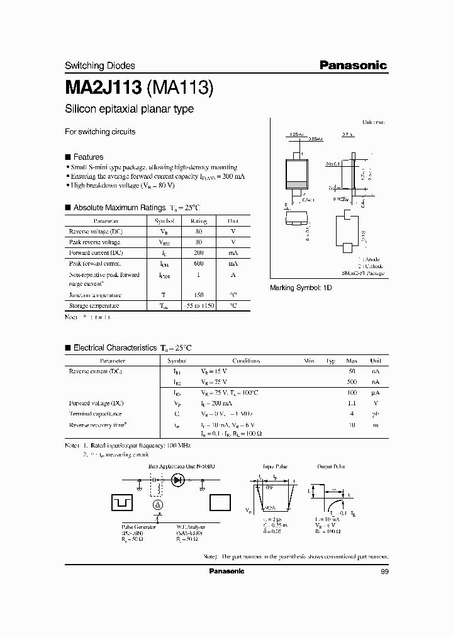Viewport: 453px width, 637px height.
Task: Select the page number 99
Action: (x=384, y=572)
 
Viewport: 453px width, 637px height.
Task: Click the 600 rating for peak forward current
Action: (x=199, y=263)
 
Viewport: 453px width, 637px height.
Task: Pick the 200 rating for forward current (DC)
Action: (x=199, y=252)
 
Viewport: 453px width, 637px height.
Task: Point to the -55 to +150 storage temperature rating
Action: (x=199, y=306)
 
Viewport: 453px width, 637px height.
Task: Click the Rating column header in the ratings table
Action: (x=199, y=221)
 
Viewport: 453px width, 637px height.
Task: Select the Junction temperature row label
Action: (x=95, y=295)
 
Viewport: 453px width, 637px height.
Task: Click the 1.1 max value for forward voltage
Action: (x=352, y=403)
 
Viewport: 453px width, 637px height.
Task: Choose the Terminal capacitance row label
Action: (x=95, y=414)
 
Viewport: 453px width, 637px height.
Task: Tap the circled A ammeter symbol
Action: (x=158, y=505)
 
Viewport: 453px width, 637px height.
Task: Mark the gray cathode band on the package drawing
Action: (x=297, y=184)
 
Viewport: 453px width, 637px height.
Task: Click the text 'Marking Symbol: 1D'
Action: (x=300, y=287)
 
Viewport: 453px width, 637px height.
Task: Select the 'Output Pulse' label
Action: (x=331, y=467)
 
